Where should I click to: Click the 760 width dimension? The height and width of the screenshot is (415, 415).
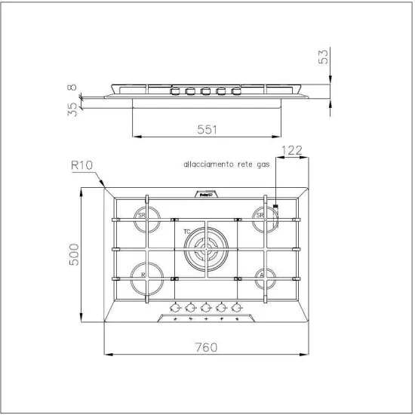207,348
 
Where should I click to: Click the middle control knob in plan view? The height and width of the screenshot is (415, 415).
206,307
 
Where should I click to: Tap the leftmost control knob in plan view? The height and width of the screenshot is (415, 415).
175,307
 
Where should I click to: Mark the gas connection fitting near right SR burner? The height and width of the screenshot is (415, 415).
275,207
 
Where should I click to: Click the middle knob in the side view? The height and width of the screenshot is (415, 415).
205,92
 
